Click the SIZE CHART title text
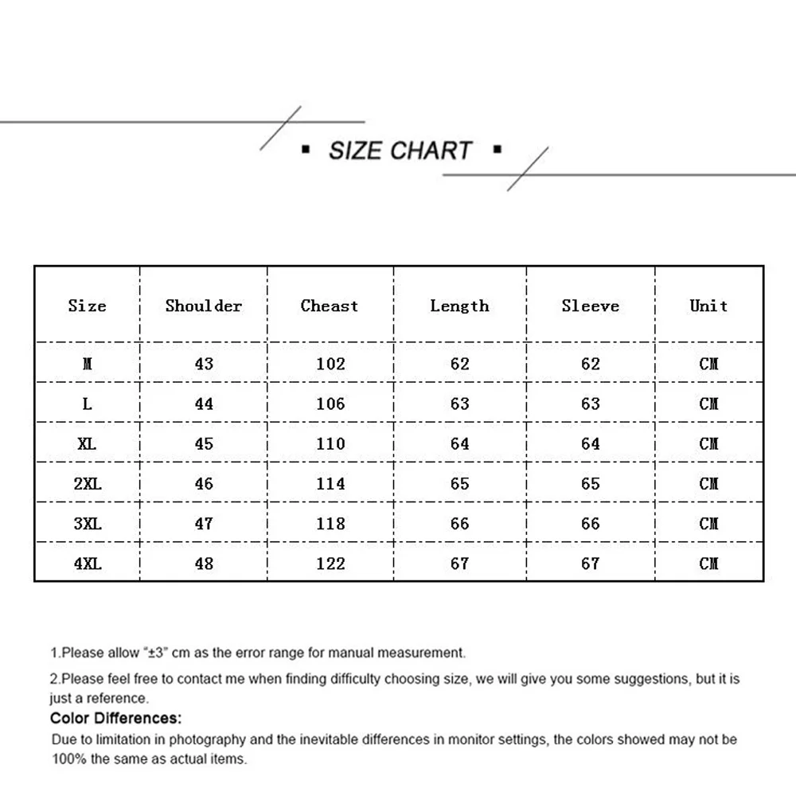coord(400,150)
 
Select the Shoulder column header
coord(204,306)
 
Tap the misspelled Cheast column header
coord(330,306)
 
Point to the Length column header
coord(459,306)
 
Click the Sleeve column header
coord(590,306)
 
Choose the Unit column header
coord(708,306)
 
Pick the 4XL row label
coord(88,564)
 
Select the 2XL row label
coord(88,484)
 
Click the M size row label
coord(88,364)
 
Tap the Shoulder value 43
coord(204,364)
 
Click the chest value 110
coord(330,443)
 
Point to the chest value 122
coord(330,564)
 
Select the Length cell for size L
coord(460,404)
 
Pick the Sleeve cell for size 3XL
coord(590,524)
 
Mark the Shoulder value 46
coord(204,484)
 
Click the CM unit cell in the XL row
coord(708,443)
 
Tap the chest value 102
coord(330,364)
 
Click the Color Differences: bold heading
coord(115,719)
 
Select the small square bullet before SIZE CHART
coord(306,149)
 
